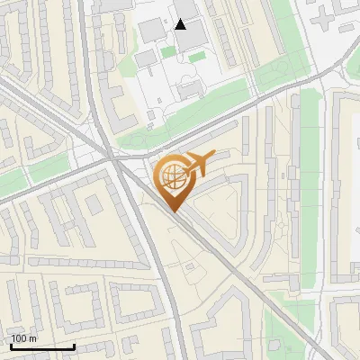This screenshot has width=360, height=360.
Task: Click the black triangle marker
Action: tap(181, 24)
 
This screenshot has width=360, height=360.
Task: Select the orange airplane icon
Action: tap(199, 162)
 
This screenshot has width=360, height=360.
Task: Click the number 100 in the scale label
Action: tap(19, 338)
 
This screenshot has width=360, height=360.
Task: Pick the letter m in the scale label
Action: tap(32, 338)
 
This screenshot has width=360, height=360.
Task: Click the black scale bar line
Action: tap(42, 346)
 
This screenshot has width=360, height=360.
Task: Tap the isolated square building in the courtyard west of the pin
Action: tap(94, 204)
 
